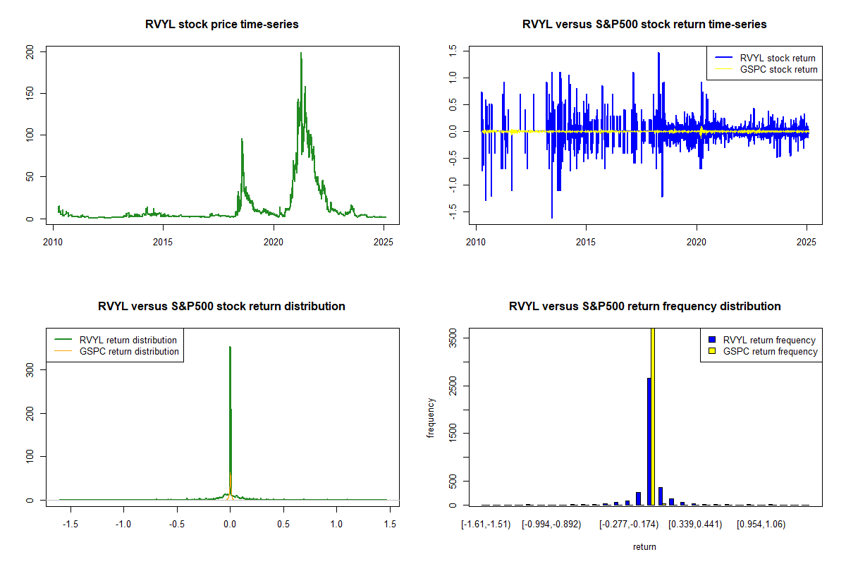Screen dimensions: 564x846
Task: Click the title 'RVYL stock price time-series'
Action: pyautogui.click(x=222, y=25)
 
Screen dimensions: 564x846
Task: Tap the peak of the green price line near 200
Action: pyautogui.click(x=301, y=54)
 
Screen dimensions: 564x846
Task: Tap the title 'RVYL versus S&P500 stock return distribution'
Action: pyautogui.click(x=222, y=307)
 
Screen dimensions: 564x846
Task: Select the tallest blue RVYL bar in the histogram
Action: pyautogui.click(x=649, y=441)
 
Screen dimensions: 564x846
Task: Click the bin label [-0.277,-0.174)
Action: pyautogui.click(x=628, y=525)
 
